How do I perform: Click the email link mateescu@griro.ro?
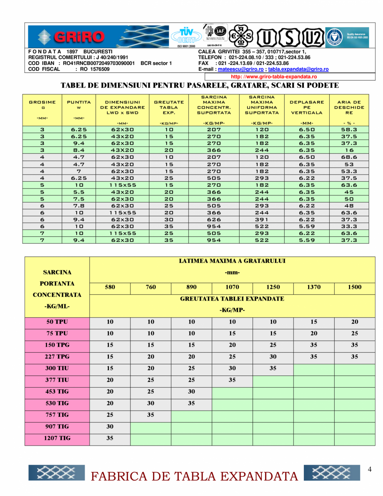coord(240,69)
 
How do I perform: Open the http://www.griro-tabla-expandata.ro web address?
coord(274,77)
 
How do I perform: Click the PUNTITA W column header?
coord(79,105)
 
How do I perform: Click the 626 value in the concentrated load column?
coord(214,219)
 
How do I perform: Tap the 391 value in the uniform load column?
coord(262,219)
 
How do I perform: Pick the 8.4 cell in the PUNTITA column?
coord(79,150)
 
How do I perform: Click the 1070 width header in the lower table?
coord(232,287)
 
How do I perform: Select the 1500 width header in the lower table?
coord(354,287)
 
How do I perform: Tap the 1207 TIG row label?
coord(57,438)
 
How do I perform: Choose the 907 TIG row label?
coord(57,427)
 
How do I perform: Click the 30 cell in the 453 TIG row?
coord(191,392)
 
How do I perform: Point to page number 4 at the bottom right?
coord(369,470)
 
